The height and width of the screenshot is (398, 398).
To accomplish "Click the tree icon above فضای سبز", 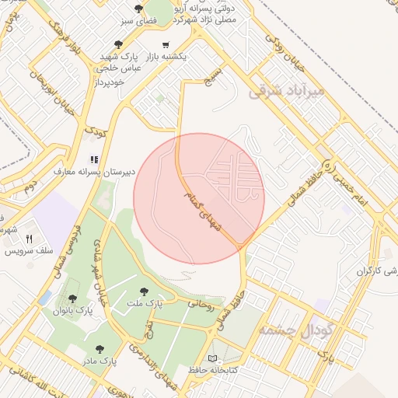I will (138, 9).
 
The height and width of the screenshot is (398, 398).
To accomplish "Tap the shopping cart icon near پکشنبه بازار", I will (166, 45).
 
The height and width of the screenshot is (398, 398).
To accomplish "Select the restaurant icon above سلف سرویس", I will (30, 239).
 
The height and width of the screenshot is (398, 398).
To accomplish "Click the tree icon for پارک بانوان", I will (72, 298).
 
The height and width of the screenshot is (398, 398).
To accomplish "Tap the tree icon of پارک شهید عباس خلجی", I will (118, 45).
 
